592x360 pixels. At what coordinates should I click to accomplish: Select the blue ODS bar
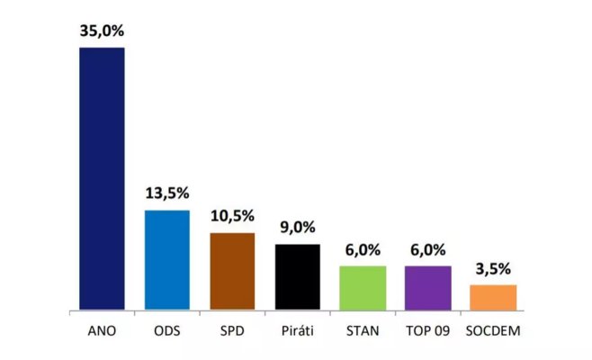point(167,260)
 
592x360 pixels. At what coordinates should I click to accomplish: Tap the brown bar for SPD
point(232,271)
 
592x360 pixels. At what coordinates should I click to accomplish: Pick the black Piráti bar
point(297,276)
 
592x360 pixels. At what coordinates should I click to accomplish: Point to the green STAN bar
point(363,288)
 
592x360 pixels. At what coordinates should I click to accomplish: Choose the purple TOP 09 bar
point(427,288)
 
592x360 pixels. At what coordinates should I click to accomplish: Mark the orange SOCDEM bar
point(493,297)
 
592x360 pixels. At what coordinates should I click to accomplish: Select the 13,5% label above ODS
point(166,193)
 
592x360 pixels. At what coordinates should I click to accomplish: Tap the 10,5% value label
point(232,217)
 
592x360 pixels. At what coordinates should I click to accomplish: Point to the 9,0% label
point(297,229)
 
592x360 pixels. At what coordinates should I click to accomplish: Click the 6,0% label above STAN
point(363,250)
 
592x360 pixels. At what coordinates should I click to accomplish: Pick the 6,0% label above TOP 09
point(427,250)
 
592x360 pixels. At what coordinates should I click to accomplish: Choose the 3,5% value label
point(493,269)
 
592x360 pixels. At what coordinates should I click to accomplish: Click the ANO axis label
point(102,331)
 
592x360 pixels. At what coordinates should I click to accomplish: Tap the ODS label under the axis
point(167,331)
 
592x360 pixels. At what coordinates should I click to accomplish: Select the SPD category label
point(232,331)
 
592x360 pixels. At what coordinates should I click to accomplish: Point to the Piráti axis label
point(297,331)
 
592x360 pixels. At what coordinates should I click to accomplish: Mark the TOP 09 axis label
point(427,331)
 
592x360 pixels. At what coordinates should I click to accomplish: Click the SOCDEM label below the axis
point(493,331)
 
